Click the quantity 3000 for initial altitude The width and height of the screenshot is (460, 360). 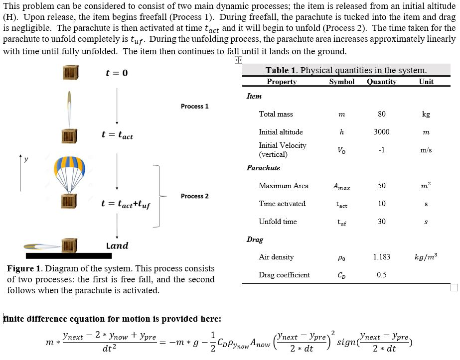(x=381, y=132)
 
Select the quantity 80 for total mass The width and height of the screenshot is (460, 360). (x=381, y=114)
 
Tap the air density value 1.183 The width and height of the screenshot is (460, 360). (x=381, y=257)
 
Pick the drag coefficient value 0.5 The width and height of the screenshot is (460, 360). (x=381, y=275)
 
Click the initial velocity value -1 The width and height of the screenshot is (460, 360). (x=381, y=150)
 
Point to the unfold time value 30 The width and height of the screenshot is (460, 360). (x=381, y=222)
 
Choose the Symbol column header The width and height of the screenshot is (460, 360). (x=342, y=82)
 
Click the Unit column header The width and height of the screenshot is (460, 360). (x=426, y=82)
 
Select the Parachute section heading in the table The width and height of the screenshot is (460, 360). (x=263, y=168)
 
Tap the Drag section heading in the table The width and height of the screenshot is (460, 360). (x=255, y=240)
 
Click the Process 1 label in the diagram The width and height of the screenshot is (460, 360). (x=194, y=106)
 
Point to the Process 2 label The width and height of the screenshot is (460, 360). (x=194, y=196)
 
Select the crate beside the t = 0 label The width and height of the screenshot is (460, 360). (x=70, y=73)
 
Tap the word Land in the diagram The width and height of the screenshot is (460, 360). (x=117, y=245)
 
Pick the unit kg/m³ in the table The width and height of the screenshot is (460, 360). (x=426, y=257)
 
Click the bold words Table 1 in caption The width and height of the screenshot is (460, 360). (x=281, y=71)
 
